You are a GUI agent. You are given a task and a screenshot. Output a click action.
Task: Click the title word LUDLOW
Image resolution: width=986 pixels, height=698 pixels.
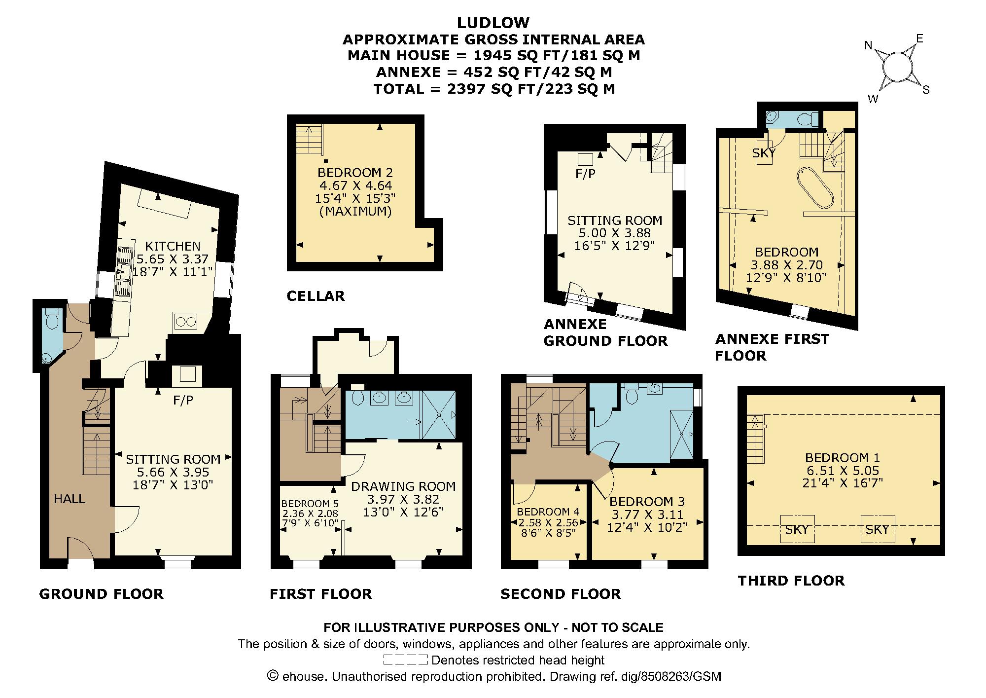pyautogui.click(x=493, y=23)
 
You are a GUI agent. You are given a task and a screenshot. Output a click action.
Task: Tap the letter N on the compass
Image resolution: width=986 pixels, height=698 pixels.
pyautogui.click(x=868, y=46)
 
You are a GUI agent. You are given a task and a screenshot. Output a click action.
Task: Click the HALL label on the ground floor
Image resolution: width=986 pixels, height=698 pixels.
pyautogui.click(x=70, y=499)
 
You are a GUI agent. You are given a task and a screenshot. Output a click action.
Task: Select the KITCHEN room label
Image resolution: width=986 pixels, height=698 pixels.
pyautogui.click(x=173, y=246)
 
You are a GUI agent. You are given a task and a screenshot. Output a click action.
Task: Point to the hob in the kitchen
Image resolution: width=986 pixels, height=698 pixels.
pyautogui.click(x=185, y=321)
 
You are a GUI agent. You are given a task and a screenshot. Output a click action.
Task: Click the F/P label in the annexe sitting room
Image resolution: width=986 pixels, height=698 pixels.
pyautogui.click(x=585, y=174)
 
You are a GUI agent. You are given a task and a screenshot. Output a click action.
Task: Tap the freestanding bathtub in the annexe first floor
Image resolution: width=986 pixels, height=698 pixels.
pyautogui.click(x=814, y=188)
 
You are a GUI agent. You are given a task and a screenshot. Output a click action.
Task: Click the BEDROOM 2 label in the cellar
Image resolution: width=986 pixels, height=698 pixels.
pyautogui.click(x=355, y=173)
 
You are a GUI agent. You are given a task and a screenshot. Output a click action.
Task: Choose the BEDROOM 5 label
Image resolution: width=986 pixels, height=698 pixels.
pyautogui.click(x=310, y=504)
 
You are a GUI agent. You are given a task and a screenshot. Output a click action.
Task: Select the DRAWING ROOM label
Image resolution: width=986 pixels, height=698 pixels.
pyautogui.click(x=403, y=486)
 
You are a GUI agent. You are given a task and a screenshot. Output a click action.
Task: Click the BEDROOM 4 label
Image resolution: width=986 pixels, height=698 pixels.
pyautogui.click(x=548, y=512)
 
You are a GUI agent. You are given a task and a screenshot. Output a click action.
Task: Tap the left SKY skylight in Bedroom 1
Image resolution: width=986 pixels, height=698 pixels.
pyautogui.click(x=797, y=529)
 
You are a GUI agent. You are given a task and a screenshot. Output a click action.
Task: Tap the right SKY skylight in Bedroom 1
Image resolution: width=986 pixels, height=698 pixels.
pyautogui.click(x=877, y=529)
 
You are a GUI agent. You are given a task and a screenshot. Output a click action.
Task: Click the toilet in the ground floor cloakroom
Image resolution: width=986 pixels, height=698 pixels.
pyautogui.click(x=51, y=319)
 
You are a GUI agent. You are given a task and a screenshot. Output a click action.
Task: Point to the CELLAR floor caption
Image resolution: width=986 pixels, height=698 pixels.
pyautogui.click(x=316, y=296)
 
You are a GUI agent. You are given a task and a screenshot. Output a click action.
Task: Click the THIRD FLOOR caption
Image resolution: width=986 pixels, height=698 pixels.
pyautogui.click(x=791, y=581)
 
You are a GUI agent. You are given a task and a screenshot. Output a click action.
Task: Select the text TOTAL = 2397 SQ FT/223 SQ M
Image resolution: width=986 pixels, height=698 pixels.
pyautogui.click(x=494, y=89)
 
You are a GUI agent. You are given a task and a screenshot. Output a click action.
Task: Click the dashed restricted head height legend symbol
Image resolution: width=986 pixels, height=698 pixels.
pyautogui.click(x=405, y=660)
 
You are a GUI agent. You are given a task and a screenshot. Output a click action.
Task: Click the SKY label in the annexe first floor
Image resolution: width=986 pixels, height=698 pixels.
pyautogui.click(x=764, y=153)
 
